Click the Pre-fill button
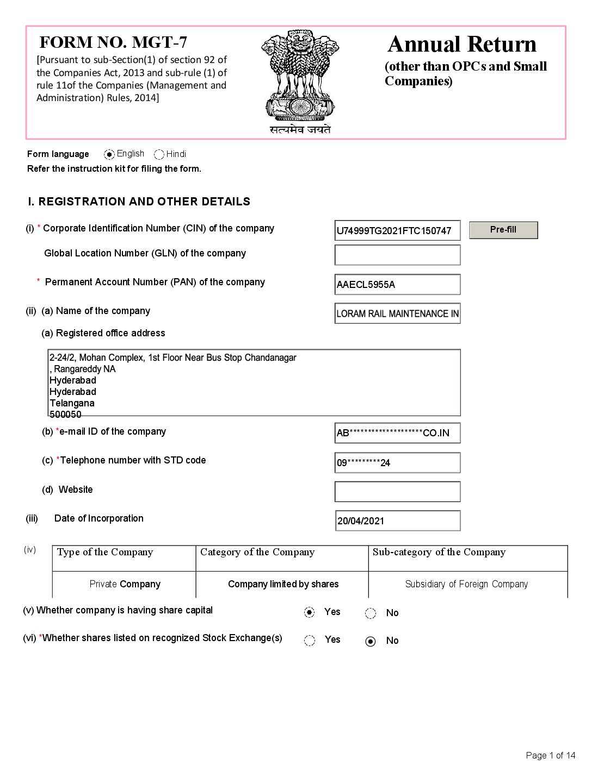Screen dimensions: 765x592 503,230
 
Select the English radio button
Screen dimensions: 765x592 109,154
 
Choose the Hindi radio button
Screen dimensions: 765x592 159,154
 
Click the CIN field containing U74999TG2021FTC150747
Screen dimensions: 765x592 397,230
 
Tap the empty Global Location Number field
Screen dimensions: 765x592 397,255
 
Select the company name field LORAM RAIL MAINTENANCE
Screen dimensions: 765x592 397,313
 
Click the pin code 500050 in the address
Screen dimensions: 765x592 66,415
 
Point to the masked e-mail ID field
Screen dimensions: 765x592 397,433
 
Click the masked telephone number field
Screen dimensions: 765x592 397,462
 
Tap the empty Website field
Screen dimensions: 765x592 397,492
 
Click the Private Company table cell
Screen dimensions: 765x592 125,584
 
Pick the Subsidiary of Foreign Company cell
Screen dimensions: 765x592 466,584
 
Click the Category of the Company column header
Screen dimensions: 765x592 257,553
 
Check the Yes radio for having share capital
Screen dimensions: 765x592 310,613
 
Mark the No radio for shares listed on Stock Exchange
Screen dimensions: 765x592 371,641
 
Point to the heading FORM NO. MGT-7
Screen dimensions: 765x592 113,42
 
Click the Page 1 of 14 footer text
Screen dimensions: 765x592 550,755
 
